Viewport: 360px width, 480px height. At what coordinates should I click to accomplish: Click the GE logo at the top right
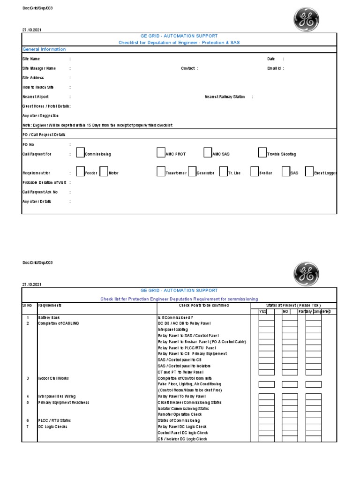tap(306, 20)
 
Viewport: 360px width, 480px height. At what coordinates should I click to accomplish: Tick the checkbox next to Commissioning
tap(80, 153)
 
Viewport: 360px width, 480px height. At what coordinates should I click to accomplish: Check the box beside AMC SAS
tap(208, 153)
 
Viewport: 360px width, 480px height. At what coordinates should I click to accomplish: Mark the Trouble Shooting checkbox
tap(262, 153)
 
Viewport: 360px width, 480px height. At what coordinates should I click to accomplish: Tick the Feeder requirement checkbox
tap(80, 172)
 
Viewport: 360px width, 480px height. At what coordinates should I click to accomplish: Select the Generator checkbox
tap(192, 172)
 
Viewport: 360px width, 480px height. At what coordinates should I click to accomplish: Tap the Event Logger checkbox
tap(309, 172)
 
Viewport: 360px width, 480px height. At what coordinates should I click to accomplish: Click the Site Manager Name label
tap(42, 68)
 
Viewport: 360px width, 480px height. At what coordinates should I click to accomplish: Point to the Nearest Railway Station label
tap(225, 97)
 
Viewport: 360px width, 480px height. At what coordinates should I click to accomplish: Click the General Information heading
tap(44, 49)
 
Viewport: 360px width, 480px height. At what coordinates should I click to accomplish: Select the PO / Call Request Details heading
tap(44, 135)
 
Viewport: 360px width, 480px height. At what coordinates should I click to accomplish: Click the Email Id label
tap(274, 68)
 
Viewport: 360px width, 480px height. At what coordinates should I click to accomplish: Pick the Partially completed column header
tap(314, 312)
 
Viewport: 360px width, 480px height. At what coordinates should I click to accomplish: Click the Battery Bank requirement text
tap(49, 317)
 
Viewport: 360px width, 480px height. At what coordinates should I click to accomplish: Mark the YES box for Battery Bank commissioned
tap(267, 317)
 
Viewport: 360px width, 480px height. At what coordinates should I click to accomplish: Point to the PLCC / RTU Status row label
tap(54, 420)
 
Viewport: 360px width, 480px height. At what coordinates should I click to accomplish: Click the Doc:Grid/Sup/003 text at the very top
tap(35, 8)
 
